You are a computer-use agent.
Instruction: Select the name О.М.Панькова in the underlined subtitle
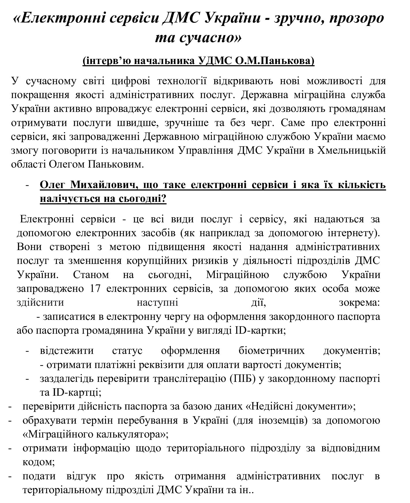point(277,61)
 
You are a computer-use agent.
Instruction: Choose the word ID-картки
point(260,330)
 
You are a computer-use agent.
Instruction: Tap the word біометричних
point(272,351)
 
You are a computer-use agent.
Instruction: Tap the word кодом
point(38,462)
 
